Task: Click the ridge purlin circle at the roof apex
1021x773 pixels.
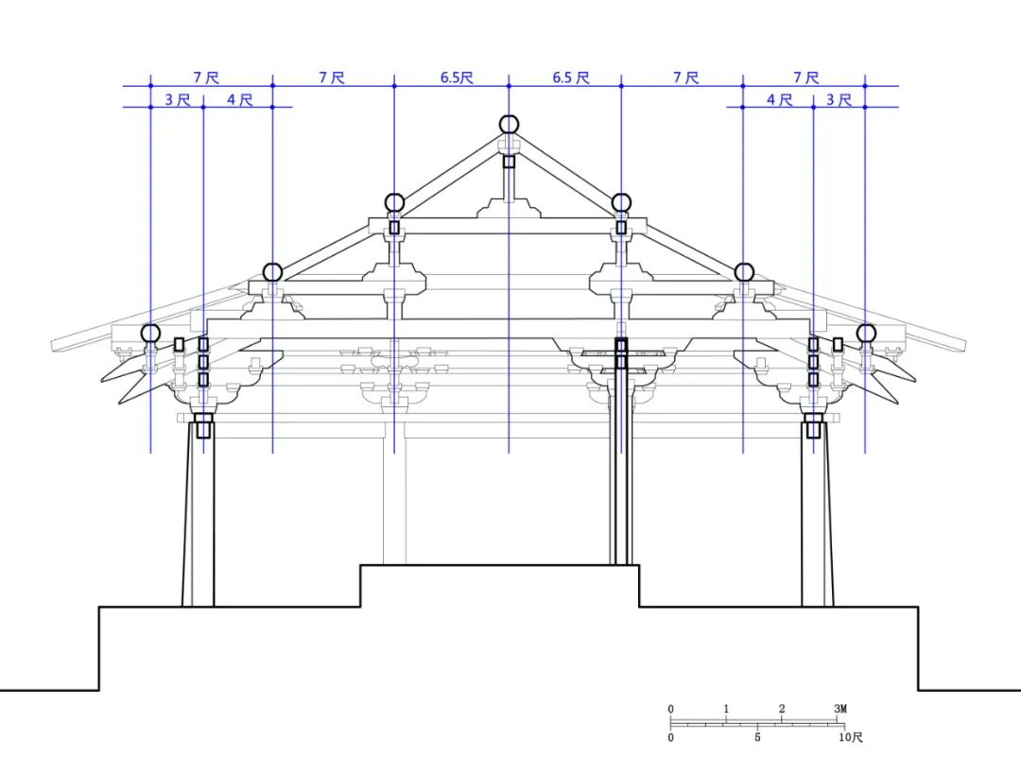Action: pos(509,124)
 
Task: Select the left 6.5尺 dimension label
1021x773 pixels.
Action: pos(456,77)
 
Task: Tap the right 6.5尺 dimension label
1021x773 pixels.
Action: pos(570,77)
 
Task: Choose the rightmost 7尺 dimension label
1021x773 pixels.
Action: pos(805,77)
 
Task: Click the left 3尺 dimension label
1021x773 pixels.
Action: pos(177,99)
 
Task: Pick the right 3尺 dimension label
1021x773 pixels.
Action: pos(839,99)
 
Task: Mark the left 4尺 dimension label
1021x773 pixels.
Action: pos(239,99)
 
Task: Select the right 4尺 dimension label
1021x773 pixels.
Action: pos(779,99)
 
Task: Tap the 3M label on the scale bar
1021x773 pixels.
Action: pos(840,709)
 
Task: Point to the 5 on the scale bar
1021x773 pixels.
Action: pos(757,737)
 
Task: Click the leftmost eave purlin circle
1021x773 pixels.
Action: pos(150,333)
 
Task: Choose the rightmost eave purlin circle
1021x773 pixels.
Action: pos(866,333)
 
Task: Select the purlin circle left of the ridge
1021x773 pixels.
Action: pos(394,202)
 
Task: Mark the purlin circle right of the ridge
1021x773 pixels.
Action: pos(621,202)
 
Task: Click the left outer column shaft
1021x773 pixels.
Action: pos(199,520)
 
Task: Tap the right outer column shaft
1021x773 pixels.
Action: pos(817,520)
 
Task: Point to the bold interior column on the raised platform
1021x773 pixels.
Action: pos(621,472)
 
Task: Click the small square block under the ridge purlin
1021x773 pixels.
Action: pos(509,161)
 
